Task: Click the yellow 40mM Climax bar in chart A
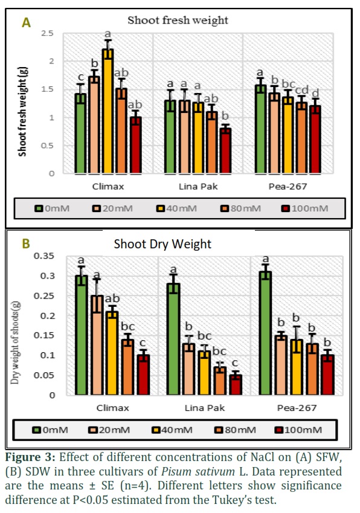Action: [x=108, y=111]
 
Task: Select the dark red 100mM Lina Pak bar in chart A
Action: [x=225, y=151]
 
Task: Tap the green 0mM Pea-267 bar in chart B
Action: [x=265, y=333]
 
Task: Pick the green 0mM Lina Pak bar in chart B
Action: [x=173, y=339]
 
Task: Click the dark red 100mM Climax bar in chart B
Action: [x=143, y=375]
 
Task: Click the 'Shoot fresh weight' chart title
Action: [x=178, y=21]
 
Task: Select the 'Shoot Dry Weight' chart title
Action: [x=162, y=244]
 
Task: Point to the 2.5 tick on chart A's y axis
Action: [x=47, y=33]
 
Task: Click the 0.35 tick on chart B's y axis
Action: [x=44, y=256]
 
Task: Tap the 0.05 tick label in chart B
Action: [x=44, y=375]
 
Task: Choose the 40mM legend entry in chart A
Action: [x=176, y=208]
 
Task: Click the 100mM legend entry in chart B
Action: [x=298, y=430]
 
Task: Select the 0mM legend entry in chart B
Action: [x=50, y=430]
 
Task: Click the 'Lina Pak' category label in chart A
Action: [x=198, y=187]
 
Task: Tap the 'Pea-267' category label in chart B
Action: [x=297, y=408]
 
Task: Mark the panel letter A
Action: [x=26, y=23]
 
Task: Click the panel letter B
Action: [x=26, y=244]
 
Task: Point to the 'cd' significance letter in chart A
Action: [x=302, y=90]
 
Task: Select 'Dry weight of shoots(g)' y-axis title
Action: [x=15, y=343]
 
